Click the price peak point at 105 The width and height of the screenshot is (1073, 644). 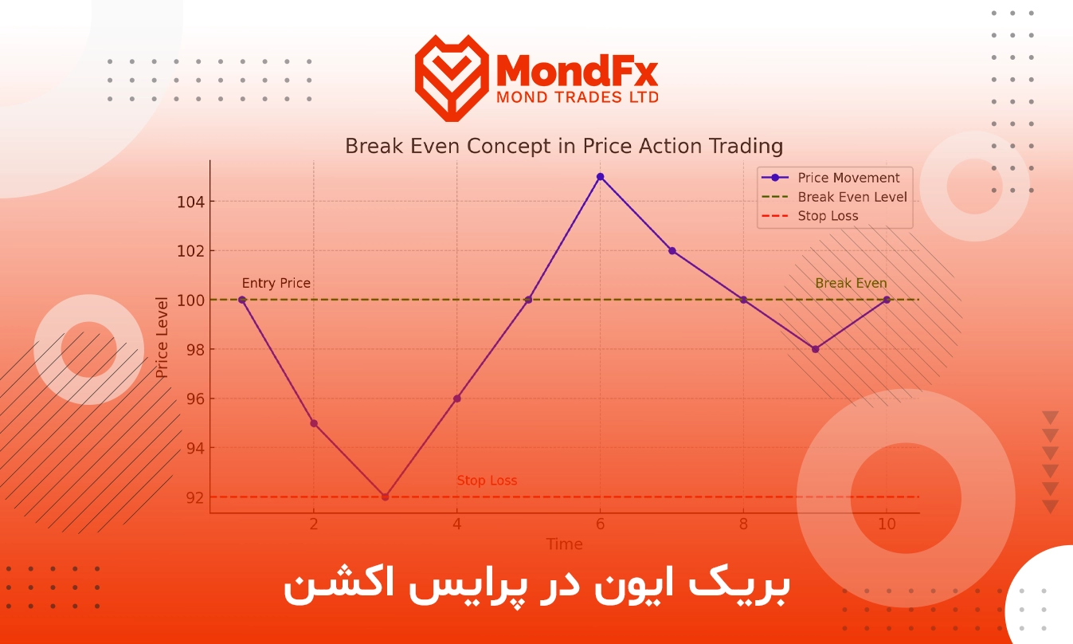click(600, 177)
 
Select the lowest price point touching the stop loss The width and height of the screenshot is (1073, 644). click(385, 497)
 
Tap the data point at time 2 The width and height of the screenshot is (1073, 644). click(314, 423)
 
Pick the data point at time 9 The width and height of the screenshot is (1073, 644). click(815, 349)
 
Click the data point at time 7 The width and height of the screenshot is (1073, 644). click(672, 250)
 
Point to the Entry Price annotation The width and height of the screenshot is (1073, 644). click(276, 283)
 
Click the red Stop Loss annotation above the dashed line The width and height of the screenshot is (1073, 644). click(487, 481)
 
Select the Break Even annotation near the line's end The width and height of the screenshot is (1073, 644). click(851, 283)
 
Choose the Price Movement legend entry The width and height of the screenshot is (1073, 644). click(831, 178)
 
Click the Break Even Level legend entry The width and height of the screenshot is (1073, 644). click(834, 197)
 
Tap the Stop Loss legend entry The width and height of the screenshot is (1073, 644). click(809, 216)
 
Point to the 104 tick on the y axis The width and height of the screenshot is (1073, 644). click(191, 202)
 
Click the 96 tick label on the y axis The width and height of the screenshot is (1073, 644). click(195, 399)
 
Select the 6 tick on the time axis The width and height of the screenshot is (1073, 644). click(600, 524)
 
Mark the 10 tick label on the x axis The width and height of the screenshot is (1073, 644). click(887, 524)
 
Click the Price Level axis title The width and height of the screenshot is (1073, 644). click(162, 337)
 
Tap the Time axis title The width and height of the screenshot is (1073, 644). click(564, 544)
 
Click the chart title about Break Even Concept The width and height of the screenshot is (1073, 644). click(564, 146)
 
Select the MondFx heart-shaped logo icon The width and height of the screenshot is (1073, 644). click(452, 78)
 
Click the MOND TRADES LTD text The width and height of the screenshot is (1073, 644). click(578, 98)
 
